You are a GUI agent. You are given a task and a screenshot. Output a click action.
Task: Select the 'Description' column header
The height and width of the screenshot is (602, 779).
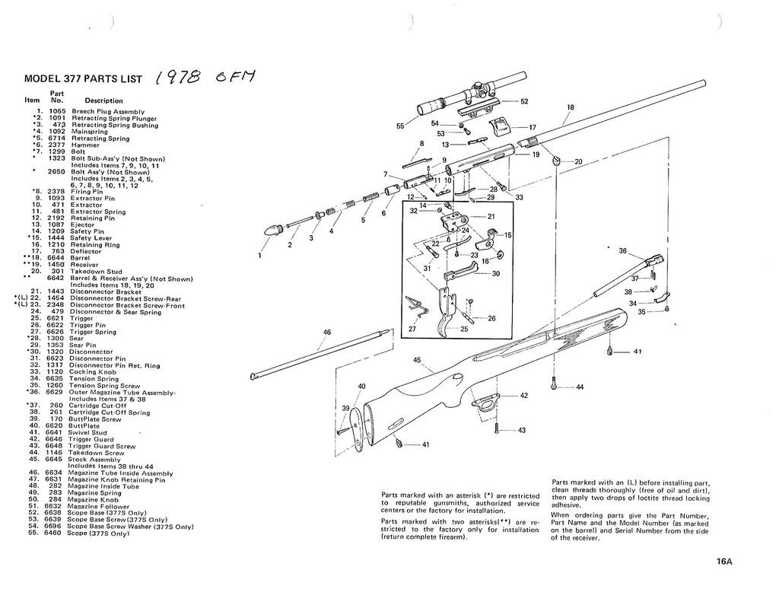point(103,100)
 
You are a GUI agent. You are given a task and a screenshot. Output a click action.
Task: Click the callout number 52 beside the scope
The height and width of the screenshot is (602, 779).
point(524,101)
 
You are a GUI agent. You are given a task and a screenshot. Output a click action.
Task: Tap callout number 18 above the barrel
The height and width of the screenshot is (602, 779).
point(571,108)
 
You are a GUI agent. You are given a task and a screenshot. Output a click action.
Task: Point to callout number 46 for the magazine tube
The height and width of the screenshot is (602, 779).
point(327,332)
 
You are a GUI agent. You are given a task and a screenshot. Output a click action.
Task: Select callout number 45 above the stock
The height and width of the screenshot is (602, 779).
point(417,360)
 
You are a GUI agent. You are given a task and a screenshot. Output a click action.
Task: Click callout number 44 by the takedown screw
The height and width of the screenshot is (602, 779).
point(580,387)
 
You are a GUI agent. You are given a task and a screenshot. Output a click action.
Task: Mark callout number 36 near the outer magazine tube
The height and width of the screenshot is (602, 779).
point(622,250)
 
